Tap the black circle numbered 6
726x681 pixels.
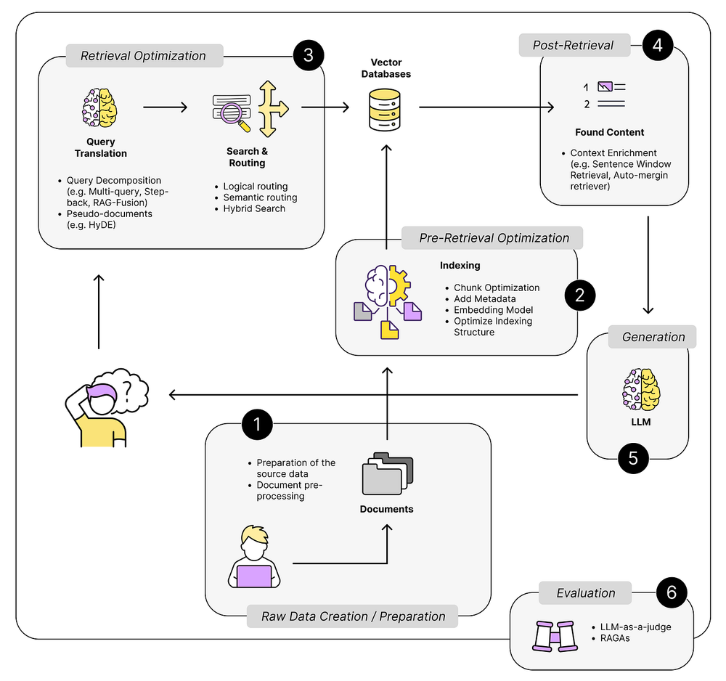pyautogui.click(x=672, y=592)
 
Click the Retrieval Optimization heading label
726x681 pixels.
pyautogui.click(x=143, y=56)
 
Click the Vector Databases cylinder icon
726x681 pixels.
pyautogui.click(x=386, y=110)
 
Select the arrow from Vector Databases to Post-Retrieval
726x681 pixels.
pyautogui.click(x=486, y=107)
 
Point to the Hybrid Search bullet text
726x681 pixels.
pyautogui.click(x=254, y=208)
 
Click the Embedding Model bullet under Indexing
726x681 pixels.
pyautogui.click(x=493, y=310)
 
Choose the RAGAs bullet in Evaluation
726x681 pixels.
pyautogui.click(x=616, y=638)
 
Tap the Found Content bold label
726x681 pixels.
pyautogui.click(x=609, y=132)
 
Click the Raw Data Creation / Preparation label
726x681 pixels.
pyautogui.click(x=352, y=616)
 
